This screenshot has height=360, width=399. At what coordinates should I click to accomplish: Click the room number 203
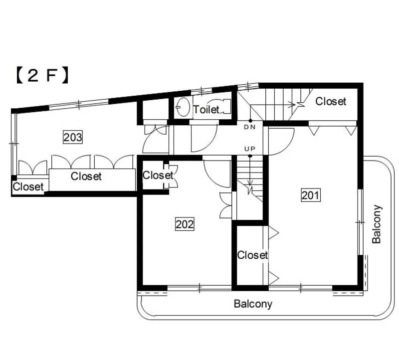73,138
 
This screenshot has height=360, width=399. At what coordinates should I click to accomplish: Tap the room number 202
185,224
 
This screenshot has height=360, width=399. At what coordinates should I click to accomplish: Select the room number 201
310,195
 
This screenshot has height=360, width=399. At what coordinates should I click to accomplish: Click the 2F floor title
42,75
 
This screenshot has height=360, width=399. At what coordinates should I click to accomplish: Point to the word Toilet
206,110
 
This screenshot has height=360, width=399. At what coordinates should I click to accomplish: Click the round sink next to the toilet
183,107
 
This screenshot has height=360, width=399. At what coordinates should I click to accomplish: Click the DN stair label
250,127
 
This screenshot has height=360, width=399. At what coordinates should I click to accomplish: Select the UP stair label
250,149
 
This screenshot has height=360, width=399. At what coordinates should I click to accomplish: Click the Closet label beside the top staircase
331,101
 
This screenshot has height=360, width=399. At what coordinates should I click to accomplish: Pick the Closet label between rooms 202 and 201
252,255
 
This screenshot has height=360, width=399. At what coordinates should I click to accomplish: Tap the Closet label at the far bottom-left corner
28,187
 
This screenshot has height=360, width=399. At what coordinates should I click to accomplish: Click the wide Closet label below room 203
86,176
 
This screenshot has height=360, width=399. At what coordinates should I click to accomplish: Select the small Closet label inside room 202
158,175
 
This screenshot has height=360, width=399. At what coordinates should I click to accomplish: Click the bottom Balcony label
253,304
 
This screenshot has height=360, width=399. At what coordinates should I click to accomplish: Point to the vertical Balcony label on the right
377,224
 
